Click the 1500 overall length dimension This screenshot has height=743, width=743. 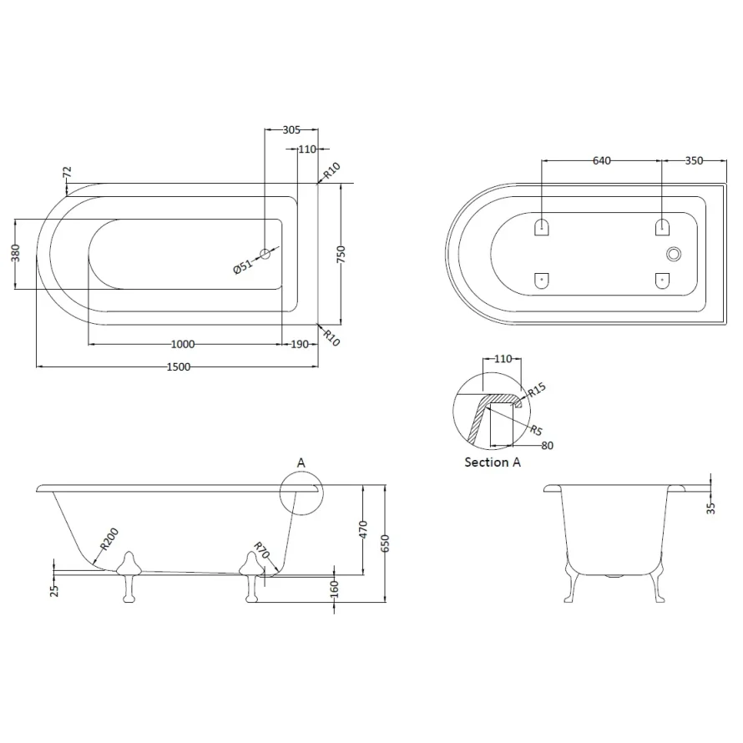tap(178, 366)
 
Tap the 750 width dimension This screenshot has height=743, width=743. tap(341, 255)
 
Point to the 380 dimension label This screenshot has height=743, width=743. tap(15, 254)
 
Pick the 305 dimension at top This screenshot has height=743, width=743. tap(291, 129)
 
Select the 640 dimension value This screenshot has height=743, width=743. tap(603, 160)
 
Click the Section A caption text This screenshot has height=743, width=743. tap(493, 462)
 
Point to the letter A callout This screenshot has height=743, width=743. tap(301, 462)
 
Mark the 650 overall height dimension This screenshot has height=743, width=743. tap(385, 543)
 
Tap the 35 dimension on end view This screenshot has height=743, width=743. tap(711, 507)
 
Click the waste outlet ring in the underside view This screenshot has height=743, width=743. tap(673, 254)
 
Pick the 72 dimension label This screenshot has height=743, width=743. tap(68, 172)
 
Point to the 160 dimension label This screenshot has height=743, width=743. tap(334, 589)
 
